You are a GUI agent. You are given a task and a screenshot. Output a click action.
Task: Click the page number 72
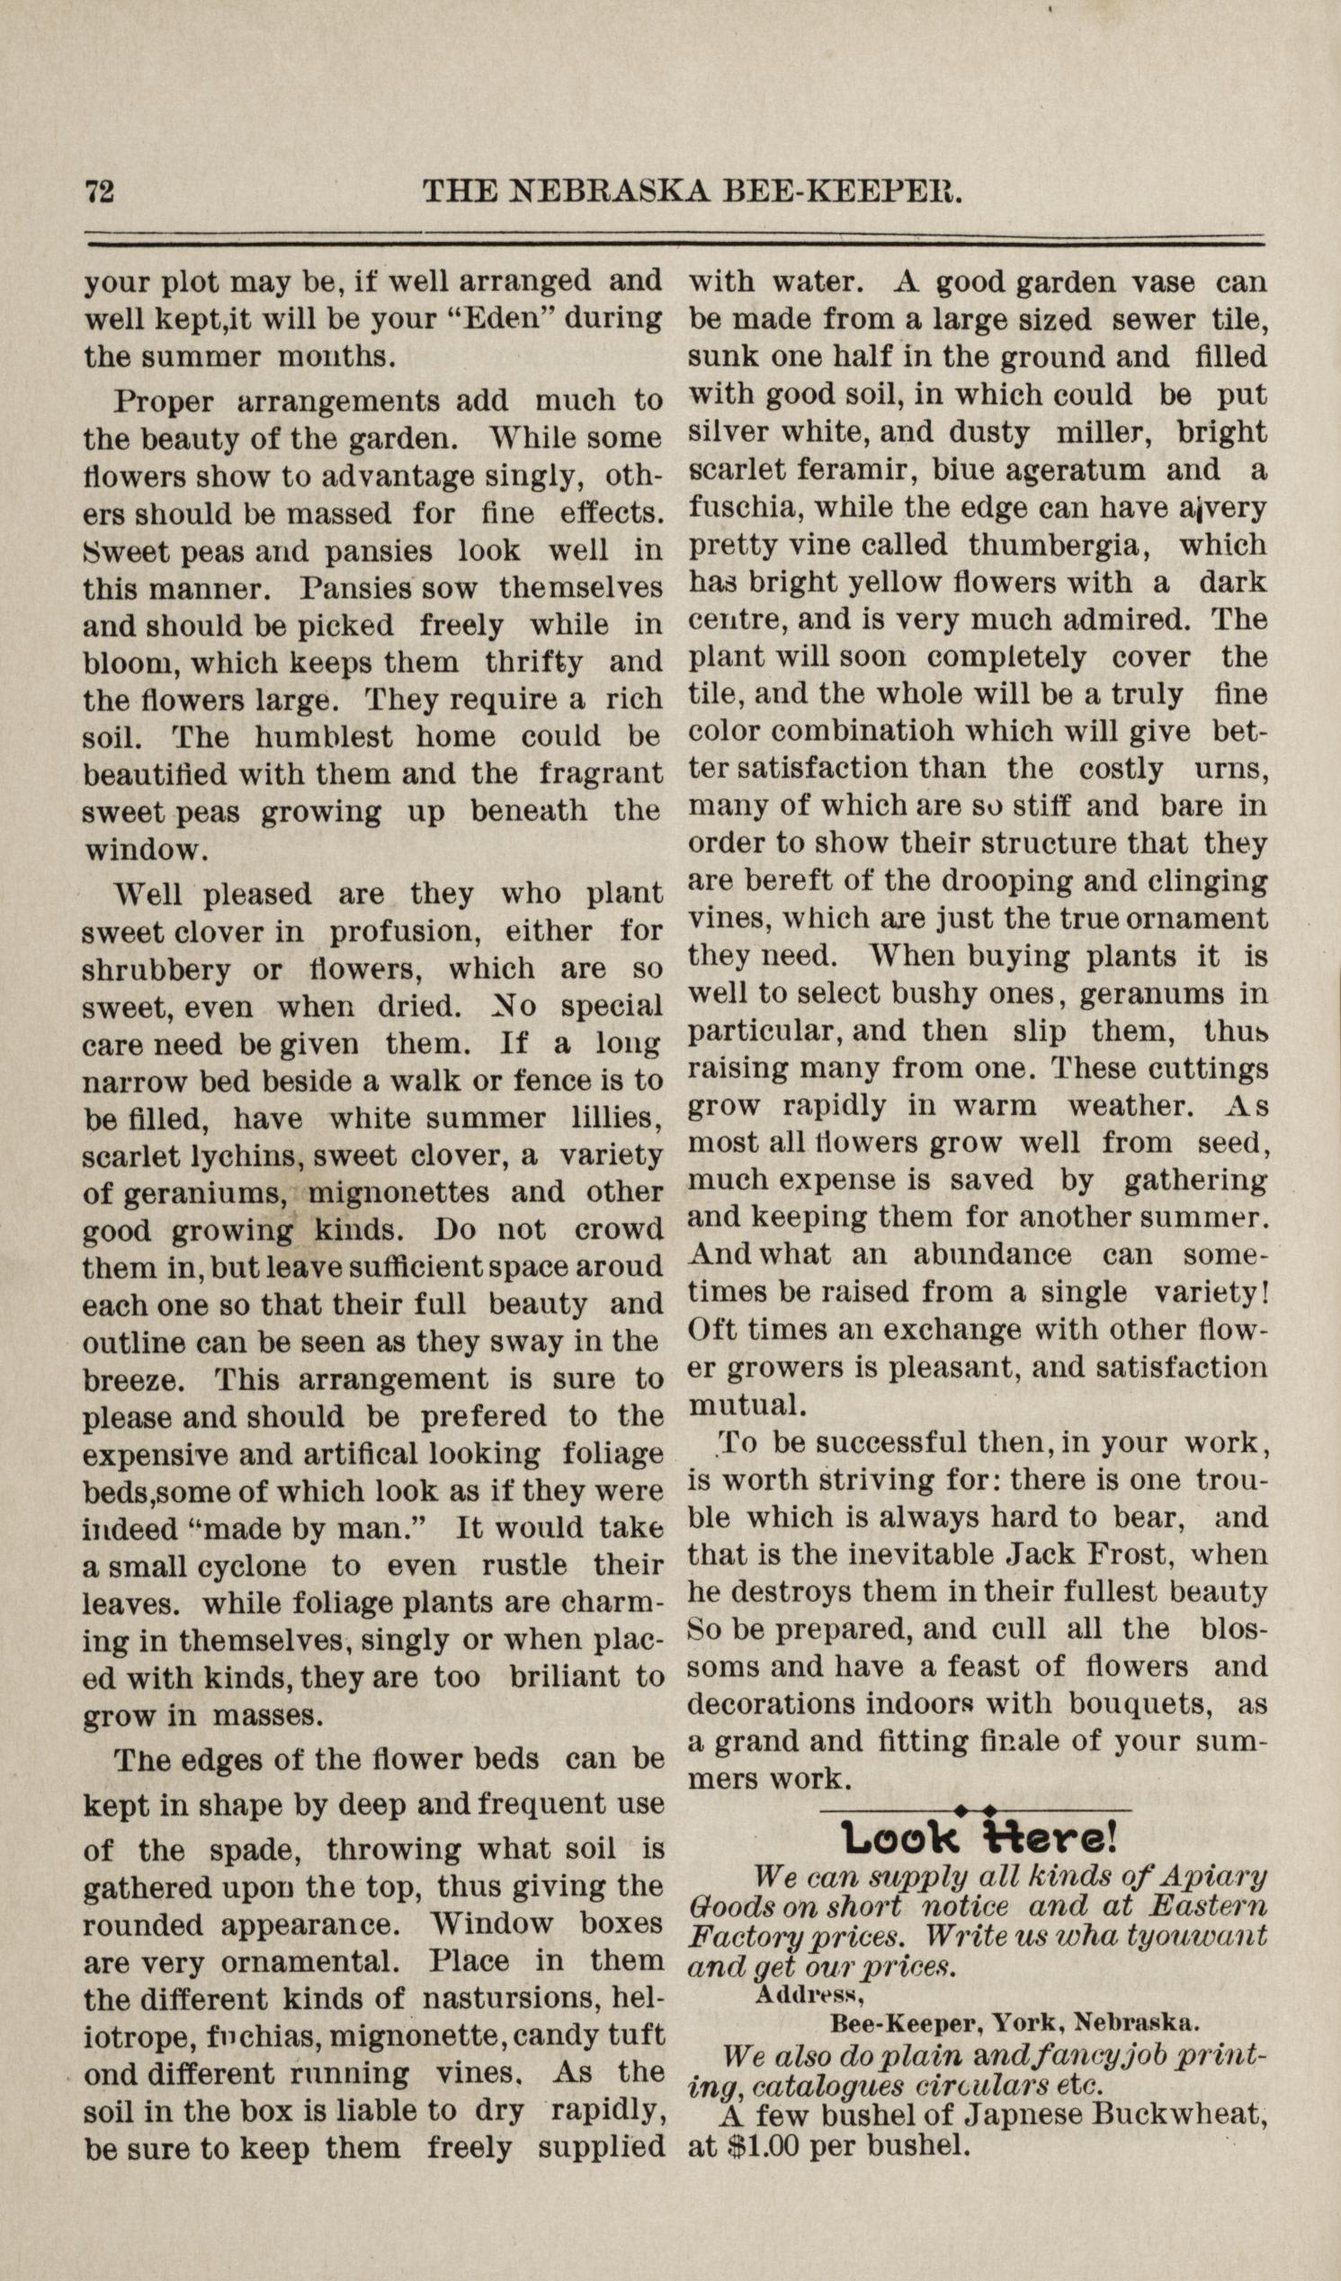click(x=99, y=192)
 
